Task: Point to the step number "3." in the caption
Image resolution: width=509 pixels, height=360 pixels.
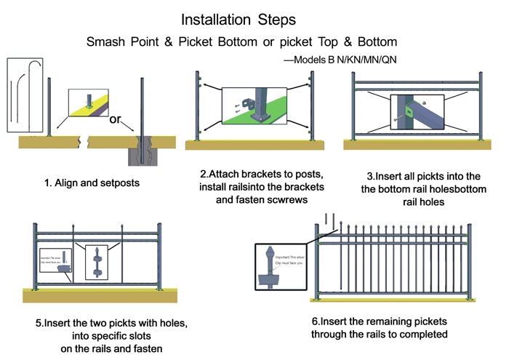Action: [x=371, y=177]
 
